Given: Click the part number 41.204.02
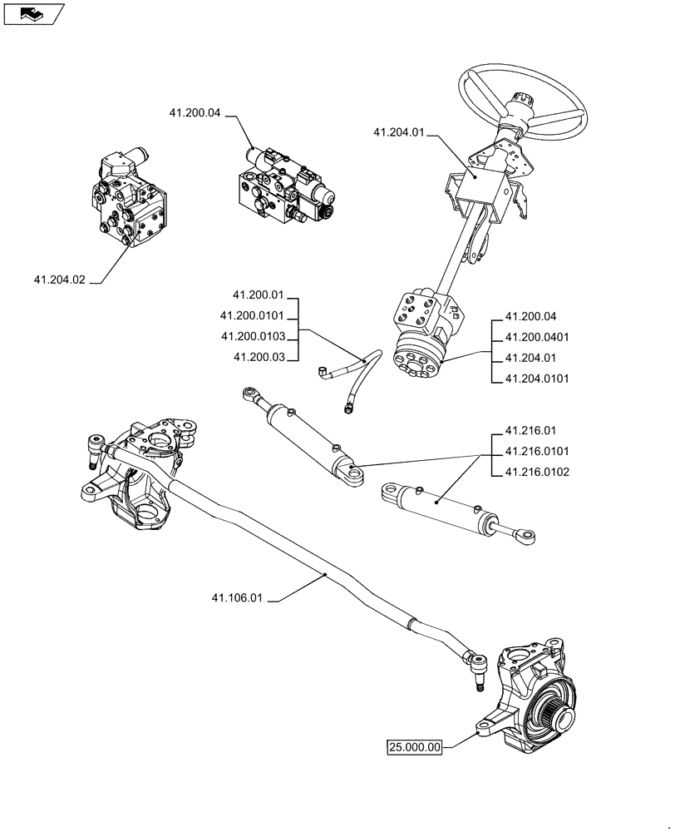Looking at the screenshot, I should (59, 280).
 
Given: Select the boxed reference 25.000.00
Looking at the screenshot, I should (415, 746).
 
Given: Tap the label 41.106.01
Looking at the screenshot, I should (237, 597).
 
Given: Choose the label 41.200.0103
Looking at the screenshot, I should (253, 336).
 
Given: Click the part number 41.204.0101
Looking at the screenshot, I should (536, 379).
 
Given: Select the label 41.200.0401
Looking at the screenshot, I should (536, 337).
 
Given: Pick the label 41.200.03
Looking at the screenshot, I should (259, 357).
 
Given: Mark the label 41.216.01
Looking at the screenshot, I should (530, 431).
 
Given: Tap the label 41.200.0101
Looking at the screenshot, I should (253, 315).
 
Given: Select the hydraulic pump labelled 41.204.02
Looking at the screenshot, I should (127, 201).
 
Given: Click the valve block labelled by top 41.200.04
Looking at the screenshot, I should (284, 190).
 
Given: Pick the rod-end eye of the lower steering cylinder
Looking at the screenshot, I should (525, 537).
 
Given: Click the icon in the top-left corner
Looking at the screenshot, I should (33, 13).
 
